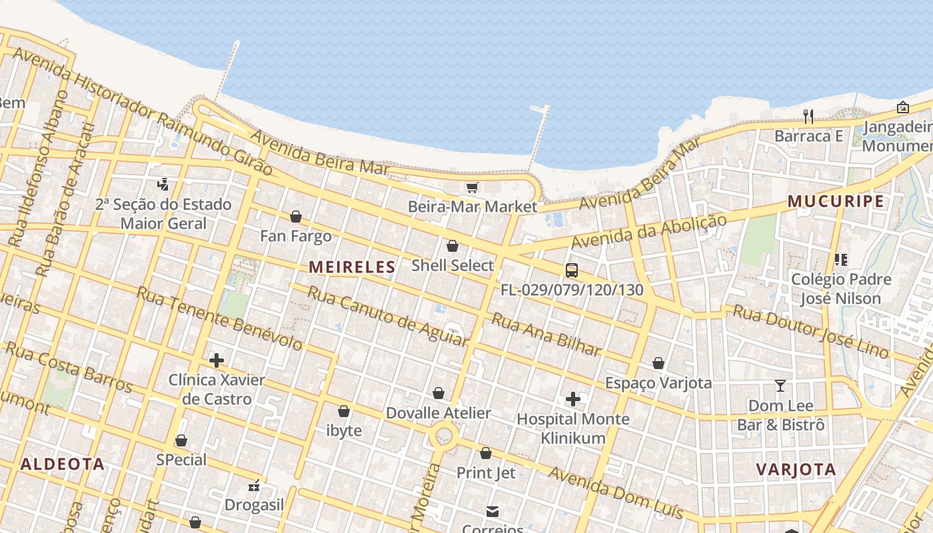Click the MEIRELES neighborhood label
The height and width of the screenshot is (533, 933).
point(352,267)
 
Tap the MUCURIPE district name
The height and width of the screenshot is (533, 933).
point(836,201)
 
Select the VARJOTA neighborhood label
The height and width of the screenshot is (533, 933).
point(796,469)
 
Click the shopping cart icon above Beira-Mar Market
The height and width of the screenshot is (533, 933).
point(472,188)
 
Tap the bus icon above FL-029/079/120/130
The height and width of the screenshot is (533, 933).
point(572,270)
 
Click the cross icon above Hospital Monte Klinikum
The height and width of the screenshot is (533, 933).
point(573,399)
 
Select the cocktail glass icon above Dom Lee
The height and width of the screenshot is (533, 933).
point(780,386)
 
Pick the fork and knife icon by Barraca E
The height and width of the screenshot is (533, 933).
point(808,117)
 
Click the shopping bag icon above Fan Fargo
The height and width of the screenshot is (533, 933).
point(296,217)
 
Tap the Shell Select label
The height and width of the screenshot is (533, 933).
point(453,265)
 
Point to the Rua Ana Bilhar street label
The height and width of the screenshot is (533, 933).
point(546,335)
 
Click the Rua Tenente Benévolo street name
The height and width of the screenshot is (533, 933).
point(220,318)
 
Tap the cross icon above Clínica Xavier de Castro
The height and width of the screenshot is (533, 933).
point(217,360)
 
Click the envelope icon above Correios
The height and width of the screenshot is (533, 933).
point(492,512)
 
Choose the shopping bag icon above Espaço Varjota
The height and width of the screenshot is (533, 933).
point(658,363)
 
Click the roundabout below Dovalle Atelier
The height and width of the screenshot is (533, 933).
point(443,438)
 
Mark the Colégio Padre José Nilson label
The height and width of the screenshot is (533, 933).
point(841,288)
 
